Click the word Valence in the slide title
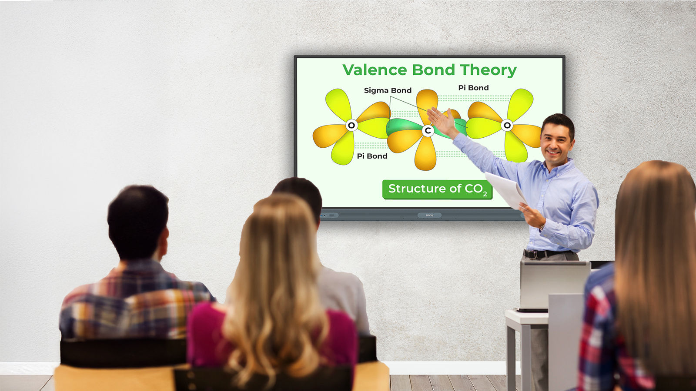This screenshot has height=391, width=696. [375, 70]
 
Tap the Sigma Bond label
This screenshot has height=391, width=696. [388, 90]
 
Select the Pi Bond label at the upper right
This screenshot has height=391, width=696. [474, 88]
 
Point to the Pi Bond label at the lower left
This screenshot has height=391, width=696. [372, 156]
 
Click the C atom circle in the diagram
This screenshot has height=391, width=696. [428, 131]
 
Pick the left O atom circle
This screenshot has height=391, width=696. [351, 126]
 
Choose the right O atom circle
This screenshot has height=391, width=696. [507, 126]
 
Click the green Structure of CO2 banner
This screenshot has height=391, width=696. [438, 189]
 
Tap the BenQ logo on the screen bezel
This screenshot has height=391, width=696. [429, 215]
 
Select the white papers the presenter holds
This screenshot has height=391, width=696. [506, 190]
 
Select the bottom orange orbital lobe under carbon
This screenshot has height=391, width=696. [425, 154]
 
